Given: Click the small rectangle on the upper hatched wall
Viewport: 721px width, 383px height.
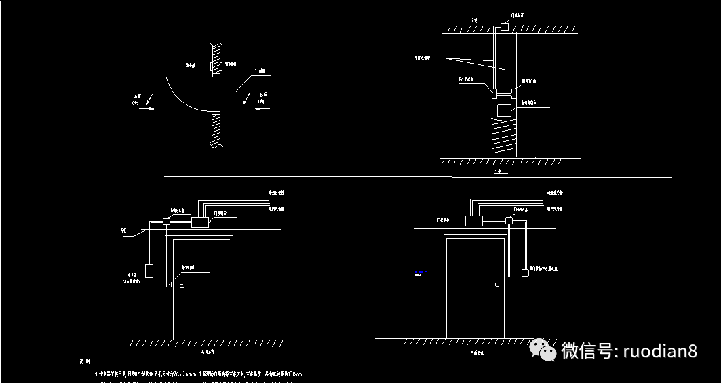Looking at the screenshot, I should pyautogui.click(x=212, y=67).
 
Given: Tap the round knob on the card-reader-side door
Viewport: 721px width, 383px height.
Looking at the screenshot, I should pyautogui.click(x=182, y=287).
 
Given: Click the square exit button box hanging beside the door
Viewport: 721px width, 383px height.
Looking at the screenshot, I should pyautogui.click(x=524, y=273).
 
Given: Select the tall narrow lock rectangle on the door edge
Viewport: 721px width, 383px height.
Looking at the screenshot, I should pyautogui.click(x=508, y=284).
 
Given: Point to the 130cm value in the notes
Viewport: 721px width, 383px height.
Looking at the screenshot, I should pyautogui.click(x=296, y=374).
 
